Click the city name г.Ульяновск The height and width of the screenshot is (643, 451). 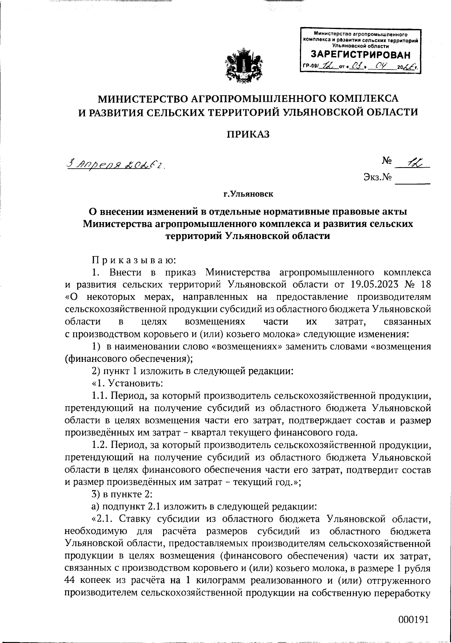tap(248, 194)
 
